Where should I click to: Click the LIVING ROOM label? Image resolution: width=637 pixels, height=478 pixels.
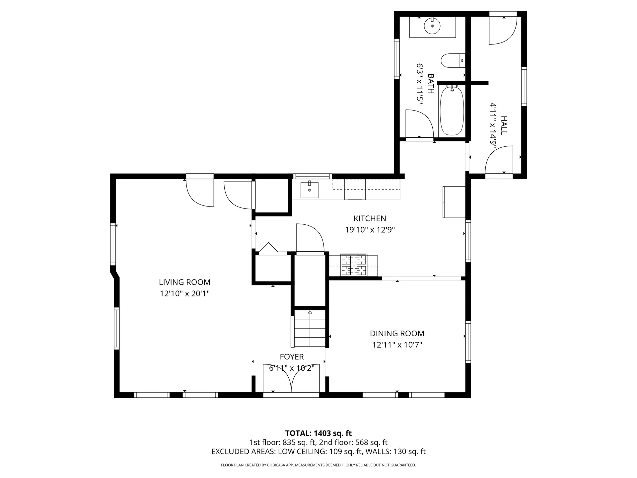tap(184, 282)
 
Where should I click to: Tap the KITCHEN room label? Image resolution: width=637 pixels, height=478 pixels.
tap(370, 218)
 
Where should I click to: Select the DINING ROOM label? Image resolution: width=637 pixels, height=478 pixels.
tap(397, 333)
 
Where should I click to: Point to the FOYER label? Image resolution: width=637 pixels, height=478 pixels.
tap(292, 357)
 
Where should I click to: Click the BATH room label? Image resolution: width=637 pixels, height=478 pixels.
tap(431, 84)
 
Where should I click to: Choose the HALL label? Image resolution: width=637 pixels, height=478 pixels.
tap(504, 125)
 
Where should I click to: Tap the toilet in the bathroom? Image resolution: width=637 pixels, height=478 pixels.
tap(453, 60)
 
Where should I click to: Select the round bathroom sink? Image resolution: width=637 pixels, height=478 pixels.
tap(432, 26)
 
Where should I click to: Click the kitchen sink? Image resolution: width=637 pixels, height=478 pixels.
tap(309, 190)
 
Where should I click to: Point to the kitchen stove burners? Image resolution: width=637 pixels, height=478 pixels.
tap(354, 265)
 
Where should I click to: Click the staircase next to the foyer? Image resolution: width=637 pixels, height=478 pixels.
tap(310, 329)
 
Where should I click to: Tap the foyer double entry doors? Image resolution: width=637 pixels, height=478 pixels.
tap(291, 378)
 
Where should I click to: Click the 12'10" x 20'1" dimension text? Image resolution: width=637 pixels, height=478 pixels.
tap(184, 293)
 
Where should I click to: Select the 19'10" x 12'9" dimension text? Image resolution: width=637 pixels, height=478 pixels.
tap(370, 230)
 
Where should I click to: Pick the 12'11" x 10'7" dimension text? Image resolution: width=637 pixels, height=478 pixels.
tap(397, 345)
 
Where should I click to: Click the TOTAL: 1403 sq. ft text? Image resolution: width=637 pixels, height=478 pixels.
tap(318, 433)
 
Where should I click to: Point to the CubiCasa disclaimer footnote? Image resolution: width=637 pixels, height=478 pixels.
tap(318, 465)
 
